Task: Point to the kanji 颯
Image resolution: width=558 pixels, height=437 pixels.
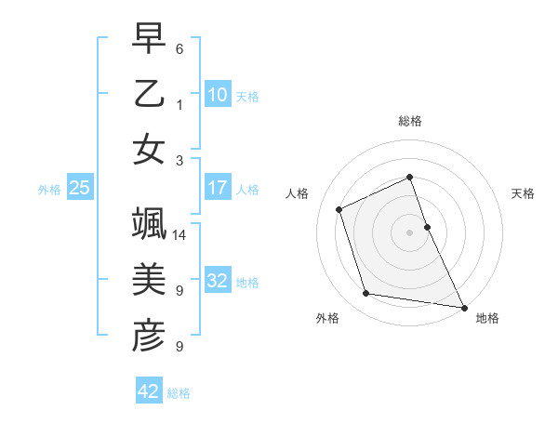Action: point(149,224)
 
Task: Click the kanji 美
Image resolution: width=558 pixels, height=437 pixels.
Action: point(149,281)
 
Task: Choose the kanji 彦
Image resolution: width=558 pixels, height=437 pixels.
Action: point(149,337)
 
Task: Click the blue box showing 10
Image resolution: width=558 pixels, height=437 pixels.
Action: point(218,94)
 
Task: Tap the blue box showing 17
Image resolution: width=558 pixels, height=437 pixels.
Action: point(218,188)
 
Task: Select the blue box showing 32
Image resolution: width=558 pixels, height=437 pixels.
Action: point(218,282)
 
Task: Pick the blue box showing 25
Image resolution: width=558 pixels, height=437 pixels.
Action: point(80,188)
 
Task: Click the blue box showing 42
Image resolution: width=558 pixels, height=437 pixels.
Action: point(149,391)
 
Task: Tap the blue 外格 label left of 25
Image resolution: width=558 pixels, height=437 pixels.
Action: point(49,190)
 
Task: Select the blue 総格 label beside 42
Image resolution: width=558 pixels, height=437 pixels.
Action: point(179,393)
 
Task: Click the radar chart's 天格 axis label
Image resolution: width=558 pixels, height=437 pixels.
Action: point(523,193)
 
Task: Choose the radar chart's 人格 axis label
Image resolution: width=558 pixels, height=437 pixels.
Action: point(298,193)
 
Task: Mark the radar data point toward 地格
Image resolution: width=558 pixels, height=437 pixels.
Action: point(463,307)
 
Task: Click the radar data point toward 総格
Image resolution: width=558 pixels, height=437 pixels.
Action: point(409,177)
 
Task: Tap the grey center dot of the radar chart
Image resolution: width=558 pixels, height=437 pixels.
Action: point(409,232)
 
